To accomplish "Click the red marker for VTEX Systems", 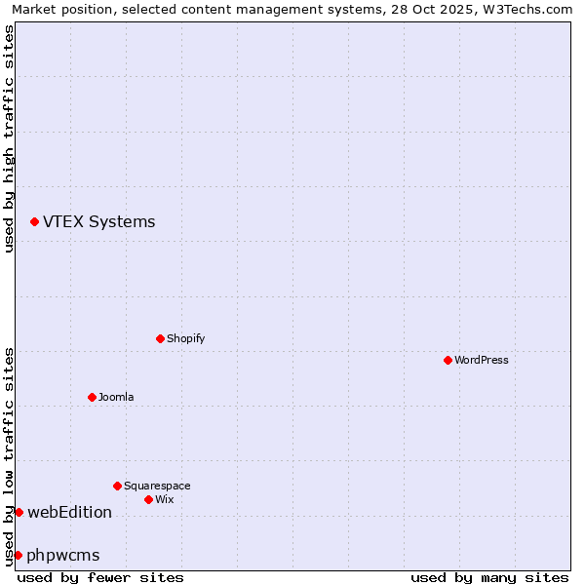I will coord(34,222).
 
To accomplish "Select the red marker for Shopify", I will coord(160,338).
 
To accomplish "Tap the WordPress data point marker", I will coord(448,360).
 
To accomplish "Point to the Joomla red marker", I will coord(92,397).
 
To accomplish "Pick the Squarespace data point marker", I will coord(117,486).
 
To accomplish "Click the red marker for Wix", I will coord(148,499).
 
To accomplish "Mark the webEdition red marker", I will coord(19,512).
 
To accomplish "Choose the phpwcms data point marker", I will coord(18,555).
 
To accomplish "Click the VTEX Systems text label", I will coord(98,221).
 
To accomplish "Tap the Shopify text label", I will coord(185,338).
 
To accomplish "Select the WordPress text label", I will coord(481,360).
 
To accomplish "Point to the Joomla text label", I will coord(116,397).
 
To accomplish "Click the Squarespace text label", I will coord(157,486).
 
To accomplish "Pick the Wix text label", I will coord(164,499).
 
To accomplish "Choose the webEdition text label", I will coord(69,512).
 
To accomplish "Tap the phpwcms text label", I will coord(63,555).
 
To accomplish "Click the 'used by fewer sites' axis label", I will coord(100,577).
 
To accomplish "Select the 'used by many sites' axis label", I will coord(489,577).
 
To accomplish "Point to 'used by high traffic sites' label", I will coord(9,138).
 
